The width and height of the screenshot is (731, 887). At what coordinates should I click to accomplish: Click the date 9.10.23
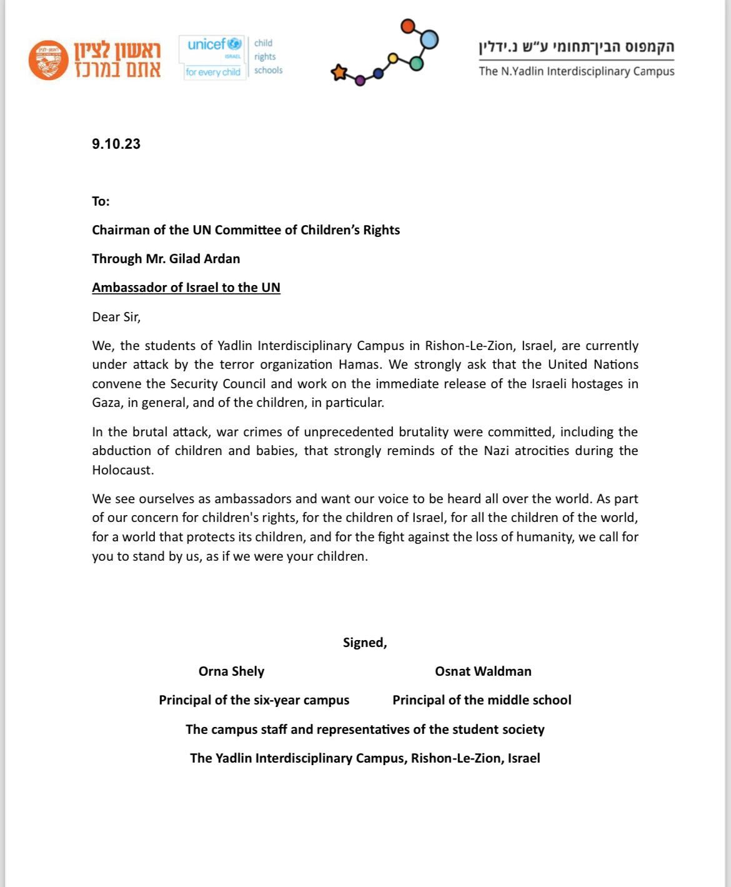pos(116,144)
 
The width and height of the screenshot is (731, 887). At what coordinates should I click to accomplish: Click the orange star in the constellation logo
pos(339,73)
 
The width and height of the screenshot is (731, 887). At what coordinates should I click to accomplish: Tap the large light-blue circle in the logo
pos(429,39)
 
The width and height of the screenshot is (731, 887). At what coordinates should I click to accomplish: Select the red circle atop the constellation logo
pos(407,26)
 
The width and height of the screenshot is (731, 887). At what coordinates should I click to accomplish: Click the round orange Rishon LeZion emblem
pos(48,61)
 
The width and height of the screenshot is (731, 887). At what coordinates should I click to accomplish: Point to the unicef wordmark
pos(206,44)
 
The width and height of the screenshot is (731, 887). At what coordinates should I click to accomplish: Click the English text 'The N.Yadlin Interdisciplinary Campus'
pos(576,71)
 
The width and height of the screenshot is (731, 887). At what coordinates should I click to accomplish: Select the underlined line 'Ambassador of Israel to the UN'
pos(186,288)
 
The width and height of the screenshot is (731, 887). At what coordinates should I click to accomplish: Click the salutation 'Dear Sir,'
pos(116,317)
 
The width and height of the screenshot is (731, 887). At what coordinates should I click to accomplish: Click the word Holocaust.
pos(122,470)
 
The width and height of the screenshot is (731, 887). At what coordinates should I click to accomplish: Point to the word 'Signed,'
pos(365,643)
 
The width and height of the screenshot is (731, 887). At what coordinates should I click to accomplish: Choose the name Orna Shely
pos(231,671)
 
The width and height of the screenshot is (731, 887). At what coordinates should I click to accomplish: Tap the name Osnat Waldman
pos(483,671)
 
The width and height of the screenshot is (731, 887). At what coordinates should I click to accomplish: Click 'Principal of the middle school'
pos(482,700)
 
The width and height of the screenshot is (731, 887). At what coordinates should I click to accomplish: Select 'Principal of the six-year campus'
pos(254,700)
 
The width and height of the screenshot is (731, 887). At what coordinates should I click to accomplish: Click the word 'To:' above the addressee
pos(101,201)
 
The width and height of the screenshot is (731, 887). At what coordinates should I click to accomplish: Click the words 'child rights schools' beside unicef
pos(268,56)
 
